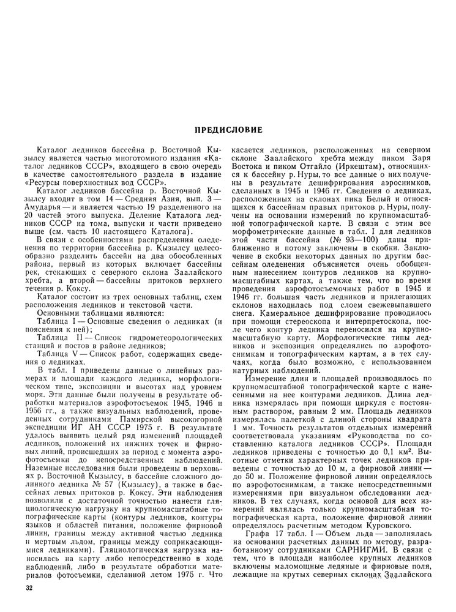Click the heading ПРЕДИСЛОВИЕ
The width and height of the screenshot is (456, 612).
coord(228,130)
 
